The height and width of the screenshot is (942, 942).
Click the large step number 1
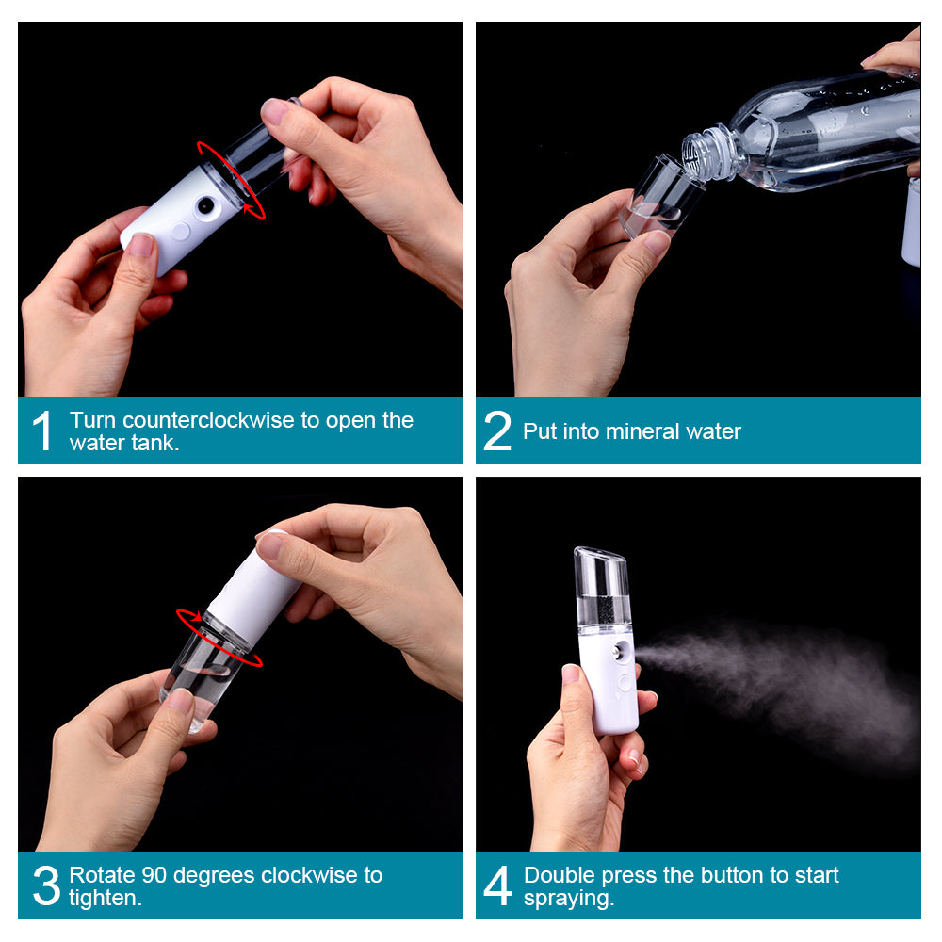41,431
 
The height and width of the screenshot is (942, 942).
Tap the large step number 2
496,431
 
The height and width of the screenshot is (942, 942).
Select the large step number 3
45,885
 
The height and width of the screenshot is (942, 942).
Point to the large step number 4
497,885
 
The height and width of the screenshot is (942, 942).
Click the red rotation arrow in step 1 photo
231,179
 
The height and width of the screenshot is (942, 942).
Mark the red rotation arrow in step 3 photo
219,638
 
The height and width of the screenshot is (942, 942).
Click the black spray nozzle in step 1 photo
205,203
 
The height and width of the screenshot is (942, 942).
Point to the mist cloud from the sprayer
782,678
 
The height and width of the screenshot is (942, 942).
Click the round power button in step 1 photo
180,230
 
